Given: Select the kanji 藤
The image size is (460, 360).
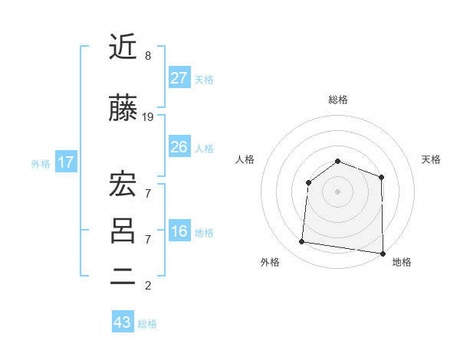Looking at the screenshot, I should coord(123,110).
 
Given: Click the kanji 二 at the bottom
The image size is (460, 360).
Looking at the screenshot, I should coord(123,278).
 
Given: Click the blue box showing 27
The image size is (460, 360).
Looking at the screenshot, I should coord(179,78).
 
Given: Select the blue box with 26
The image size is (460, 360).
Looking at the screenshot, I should coord(179,147).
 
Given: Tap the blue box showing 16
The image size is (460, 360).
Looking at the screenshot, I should coord(179,232).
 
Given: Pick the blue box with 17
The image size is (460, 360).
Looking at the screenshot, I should coord(65,162).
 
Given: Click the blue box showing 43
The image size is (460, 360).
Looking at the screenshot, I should coord(123,322).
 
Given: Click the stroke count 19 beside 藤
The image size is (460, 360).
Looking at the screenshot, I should coord(148,117).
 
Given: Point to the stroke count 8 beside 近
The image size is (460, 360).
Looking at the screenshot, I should coord(148,56).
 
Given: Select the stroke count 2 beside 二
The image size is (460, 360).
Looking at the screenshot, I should coord(148,286).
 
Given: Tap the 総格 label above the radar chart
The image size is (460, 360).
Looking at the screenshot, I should coord(338,100).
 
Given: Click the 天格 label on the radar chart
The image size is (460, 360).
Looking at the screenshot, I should coord(432,159).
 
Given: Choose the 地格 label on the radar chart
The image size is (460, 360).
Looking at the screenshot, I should coord(402,262).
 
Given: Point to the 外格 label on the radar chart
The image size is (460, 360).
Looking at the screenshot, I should coord(270,262).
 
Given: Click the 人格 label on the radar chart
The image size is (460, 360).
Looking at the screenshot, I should coord(245,159).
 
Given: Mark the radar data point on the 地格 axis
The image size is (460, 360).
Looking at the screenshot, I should coord(382,253).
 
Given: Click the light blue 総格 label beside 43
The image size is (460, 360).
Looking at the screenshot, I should coord(147,324).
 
